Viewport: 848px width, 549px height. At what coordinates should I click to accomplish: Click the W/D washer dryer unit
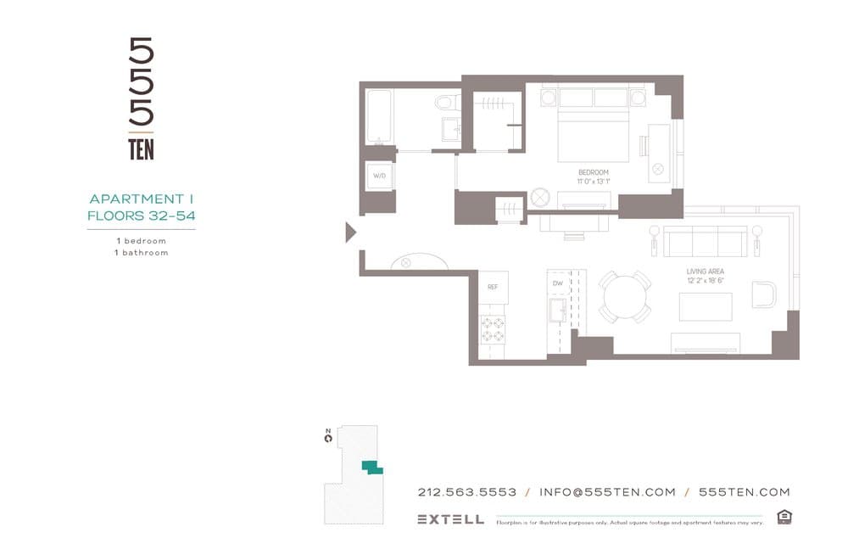[379, 176]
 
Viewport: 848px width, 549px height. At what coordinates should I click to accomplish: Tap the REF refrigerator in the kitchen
[493, 288]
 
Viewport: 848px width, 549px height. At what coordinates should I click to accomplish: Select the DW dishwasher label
[557, 283]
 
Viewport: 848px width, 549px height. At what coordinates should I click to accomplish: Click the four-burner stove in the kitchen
[493, 328]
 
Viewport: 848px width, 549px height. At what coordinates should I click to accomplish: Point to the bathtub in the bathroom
[378, 117]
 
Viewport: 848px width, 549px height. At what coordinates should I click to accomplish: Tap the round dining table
[625, 297]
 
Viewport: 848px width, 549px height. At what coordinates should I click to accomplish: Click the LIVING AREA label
[705, 272]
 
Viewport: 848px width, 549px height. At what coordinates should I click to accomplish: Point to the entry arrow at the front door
[350, 232]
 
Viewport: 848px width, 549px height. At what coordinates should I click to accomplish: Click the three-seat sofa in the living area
[705, 241]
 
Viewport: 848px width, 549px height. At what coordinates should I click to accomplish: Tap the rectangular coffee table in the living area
[705, 306]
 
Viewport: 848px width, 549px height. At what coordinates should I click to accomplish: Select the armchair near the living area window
[763, 294]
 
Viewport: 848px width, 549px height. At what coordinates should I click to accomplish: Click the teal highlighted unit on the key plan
[371, 467]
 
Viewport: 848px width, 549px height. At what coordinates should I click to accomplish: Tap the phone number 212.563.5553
[467, 492]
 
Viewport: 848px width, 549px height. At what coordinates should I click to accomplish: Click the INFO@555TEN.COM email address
[607, 492]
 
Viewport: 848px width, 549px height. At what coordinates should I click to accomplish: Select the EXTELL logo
[450, 519]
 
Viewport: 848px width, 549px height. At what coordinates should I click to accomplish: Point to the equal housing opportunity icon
[784, 518]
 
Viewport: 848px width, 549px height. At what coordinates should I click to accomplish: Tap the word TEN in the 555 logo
[141, 150]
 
